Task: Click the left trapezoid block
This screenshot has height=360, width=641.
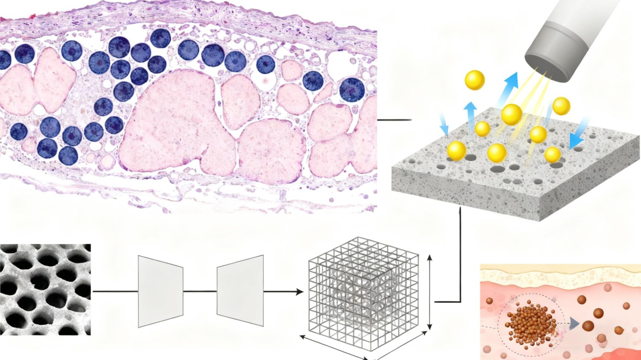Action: pyautogui.click(x=160, y=291)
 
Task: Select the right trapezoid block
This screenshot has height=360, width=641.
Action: pyautogui.click(x=240, y=291)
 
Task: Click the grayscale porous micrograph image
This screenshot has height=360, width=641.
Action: pyautogui.click(x=45, y=290)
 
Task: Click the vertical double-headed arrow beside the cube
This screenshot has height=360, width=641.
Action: pyautogui.click(x=430, y=292)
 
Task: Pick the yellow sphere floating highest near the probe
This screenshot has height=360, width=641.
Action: pyautogui.click(x=475, y=80)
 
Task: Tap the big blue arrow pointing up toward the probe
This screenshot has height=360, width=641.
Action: pyautogui.click(x=509, y=88)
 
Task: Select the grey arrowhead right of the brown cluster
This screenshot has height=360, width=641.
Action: pyautogui.click(x=574, y=323)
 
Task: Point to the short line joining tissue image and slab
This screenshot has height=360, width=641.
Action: pyautogui.click(x=394, y=120)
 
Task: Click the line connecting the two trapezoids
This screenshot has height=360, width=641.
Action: pyautogui.click(x=200, y=291)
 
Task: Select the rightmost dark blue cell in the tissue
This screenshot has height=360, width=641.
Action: pyautogui.click(x=352, y=90)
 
